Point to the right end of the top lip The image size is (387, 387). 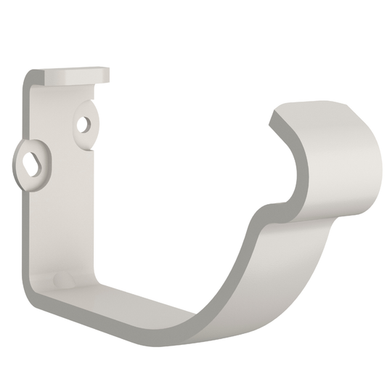click(107, 74)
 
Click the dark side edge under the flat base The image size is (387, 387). click(109, 324)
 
